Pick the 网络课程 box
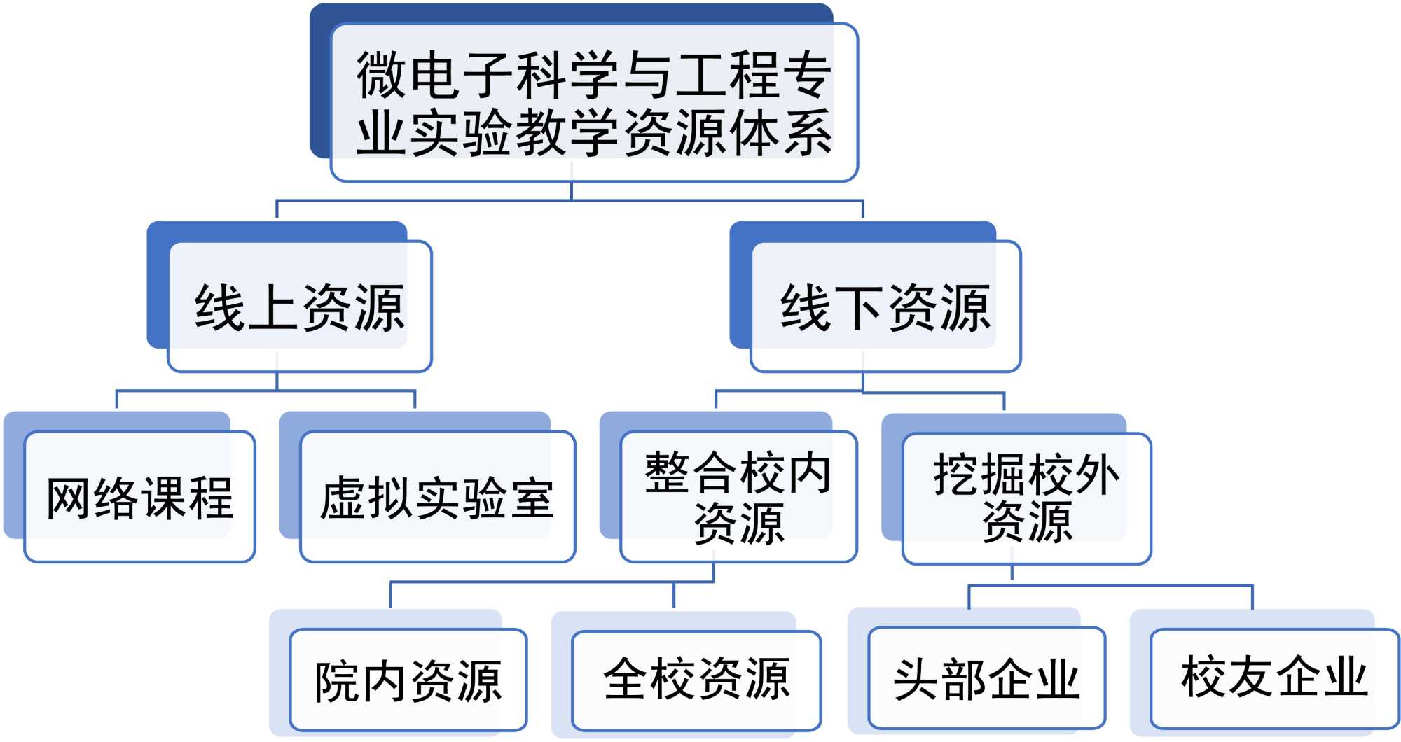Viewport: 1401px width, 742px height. (x=139, y=497)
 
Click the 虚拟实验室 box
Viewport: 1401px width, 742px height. (x=437, y=497)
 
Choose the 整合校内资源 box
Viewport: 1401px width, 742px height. (x=738, y=497)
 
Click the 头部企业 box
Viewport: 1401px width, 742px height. (x=986, y=679)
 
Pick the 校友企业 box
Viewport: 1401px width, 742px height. (x=1274, y=678)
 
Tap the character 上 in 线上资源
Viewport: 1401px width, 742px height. (x=273, y=308)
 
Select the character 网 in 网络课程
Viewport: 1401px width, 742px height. (x=69, y=498)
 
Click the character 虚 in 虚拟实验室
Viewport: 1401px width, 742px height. (x=343, y=498)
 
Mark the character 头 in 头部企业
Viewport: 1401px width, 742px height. (x=916, y=680)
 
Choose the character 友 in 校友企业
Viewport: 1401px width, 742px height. (x=1251, y=677)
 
